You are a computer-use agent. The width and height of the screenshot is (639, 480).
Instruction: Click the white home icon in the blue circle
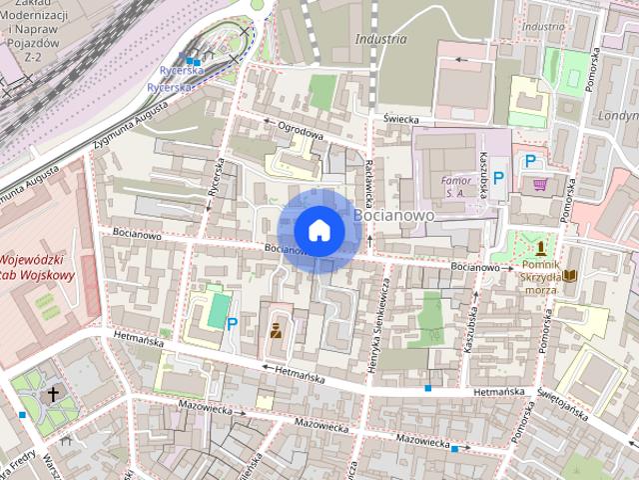point(319,230)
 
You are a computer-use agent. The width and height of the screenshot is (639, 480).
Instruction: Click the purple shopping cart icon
point(540,184)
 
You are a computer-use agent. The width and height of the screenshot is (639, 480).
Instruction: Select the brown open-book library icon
point(569,275)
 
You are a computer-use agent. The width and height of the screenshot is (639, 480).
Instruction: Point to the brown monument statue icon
point(541,247)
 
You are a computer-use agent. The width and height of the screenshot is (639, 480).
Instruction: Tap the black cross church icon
point(53,395)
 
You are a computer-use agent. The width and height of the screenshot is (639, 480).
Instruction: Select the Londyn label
point(619,114)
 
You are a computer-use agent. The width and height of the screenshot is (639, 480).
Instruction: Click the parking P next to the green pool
point(232,323)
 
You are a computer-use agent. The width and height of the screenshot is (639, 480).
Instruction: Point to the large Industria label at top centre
point(380,39)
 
